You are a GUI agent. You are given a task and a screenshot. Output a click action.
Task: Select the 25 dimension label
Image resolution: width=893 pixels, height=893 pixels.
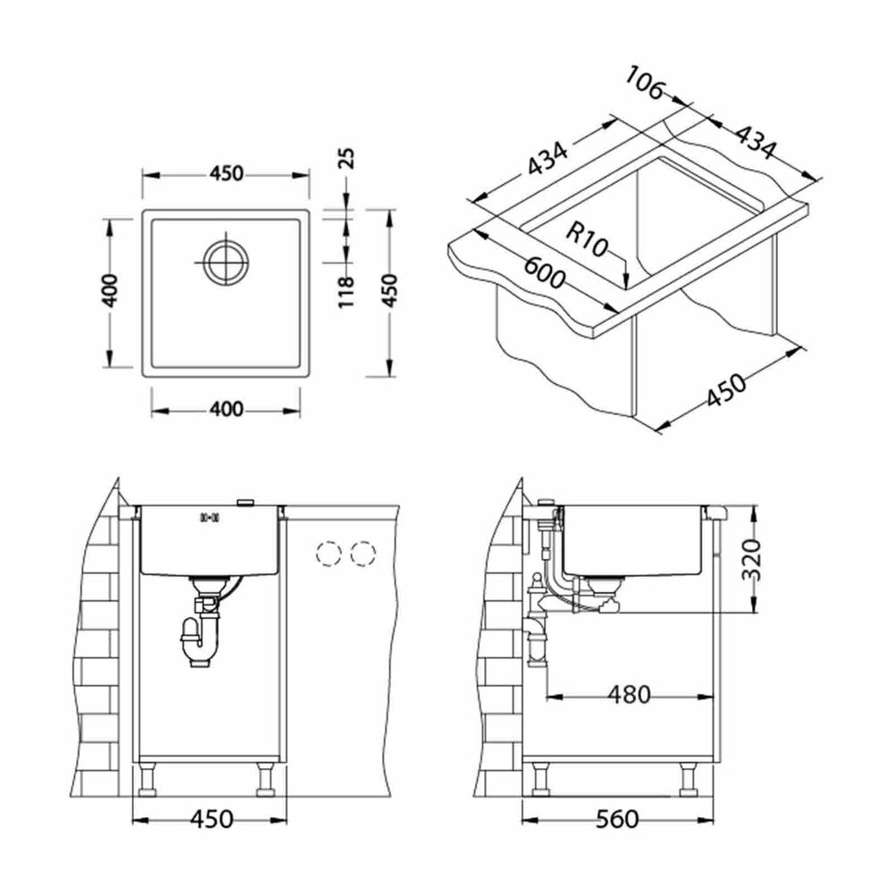346,159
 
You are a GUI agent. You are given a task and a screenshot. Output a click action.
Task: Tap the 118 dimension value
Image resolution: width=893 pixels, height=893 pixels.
346,292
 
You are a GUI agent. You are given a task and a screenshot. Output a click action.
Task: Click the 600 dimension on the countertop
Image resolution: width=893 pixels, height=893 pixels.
545,273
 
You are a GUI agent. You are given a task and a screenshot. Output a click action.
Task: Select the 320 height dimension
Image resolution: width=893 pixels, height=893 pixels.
752,559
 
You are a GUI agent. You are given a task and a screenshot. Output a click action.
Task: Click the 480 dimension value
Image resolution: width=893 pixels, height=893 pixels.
629,694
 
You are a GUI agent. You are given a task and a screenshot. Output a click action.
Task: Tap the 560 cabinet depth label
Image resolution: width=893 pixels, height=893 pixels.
617,819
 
